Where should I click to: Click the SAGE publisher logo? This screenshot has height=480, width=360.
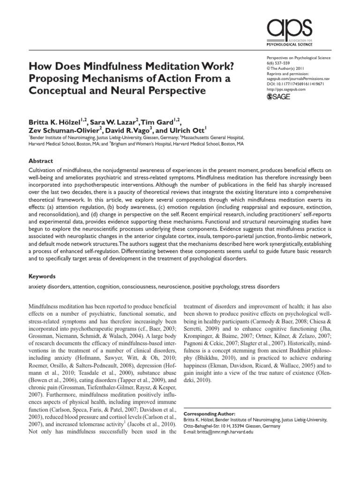[x=278, y=97]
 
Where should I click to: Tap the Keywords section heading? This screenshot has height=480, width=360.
[x=42, y=277]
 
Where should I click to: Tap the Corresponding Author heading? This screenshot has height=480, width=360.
[x=204, y=414]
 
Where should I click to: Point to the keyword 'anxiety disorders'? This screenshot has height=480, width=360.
[x=49, y=286]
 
